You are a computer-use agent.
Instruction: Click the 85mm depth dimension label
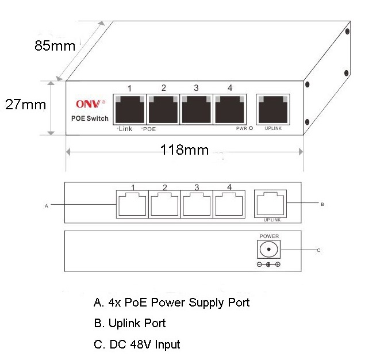(x=55, y=46)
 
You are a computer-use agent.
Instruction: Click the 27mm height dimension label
(x=25, y=105)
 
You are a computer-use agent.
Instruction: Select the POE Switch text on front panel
(x=90, y=118)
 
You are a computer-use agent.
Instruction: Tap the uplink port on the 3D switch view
(x=272, y=109)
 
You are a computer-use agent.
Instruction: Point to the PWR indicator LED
(x=251, y=128)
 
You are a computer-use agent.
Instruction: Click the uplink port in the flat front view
(x=270, y=204)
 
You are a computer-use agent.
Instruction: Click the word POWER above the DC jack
(x=269, y=236)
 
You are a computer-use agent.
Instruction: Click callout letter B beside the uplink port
(x=322, y=204)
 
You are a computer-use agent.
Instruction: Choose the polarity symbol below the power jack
(x=269, y=265)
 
